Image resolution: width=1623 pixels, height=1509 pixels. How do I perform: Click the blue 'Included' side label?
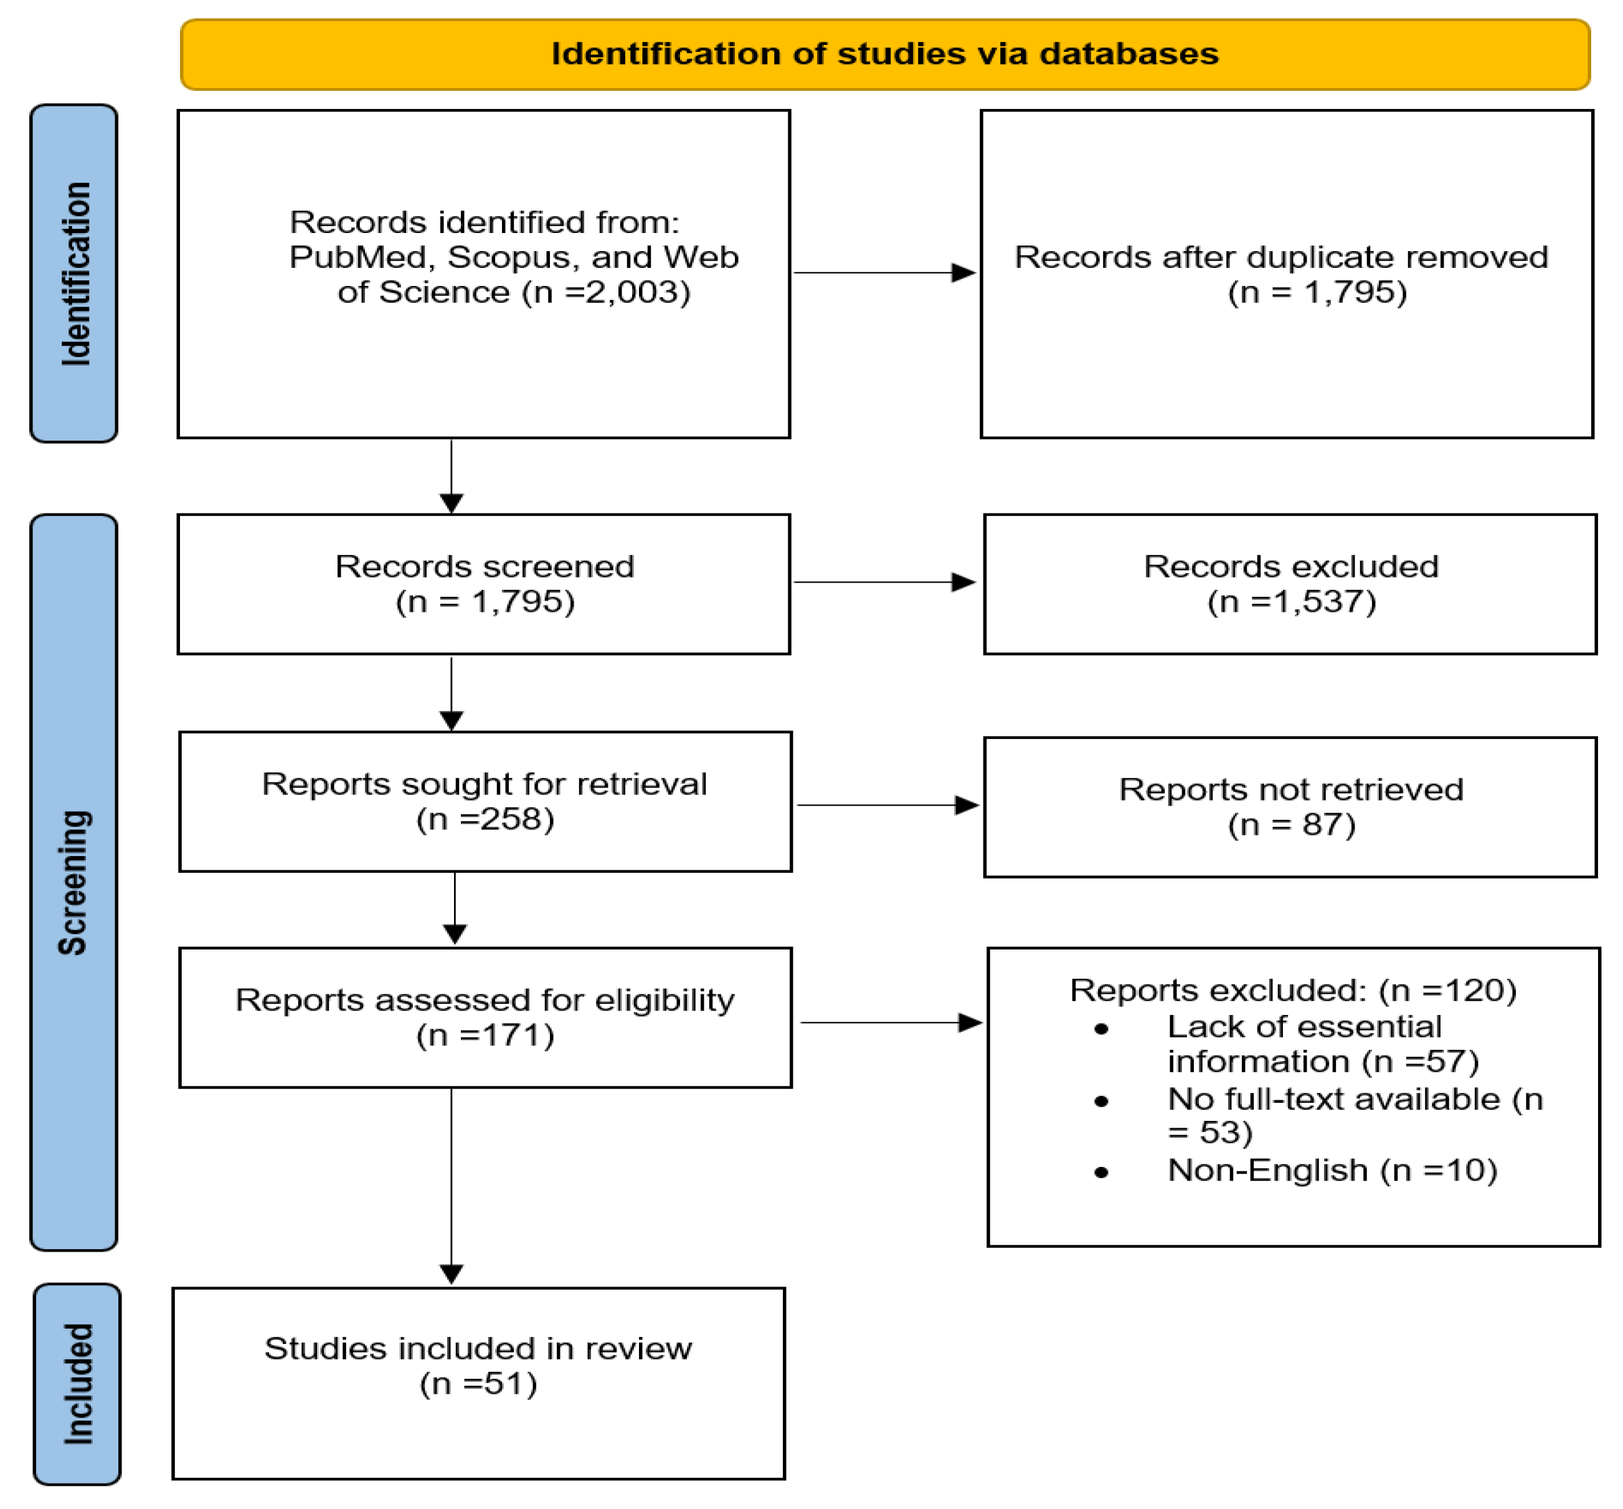click(x=78, y=1384)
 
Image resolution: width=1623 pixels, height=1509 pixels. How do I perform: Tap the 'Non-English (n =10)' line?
click(x=1332, y=1170)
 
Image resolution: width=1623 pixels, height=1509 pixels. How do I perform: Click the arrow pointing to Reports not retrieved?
click(x=887, y=805)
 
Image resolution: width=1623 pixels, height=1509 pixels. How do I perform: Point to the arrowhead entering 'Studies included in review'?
click(x=452, y=1274)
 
